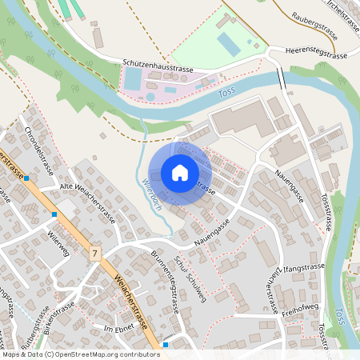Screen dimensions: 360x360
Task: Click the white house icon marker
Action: (179, 173)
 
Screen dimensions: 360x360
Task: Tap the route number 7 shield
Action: (95, 254)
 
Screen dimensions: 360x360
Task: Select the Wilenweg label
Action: (58, 246)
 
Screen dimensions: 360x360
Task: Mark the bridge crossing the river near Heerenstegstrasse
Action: (281, 79)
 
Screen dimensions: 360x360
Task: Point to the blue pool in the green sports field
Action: (229, 44)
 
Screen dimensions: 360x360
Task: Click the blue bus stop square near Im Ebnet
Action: (165, 345)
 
